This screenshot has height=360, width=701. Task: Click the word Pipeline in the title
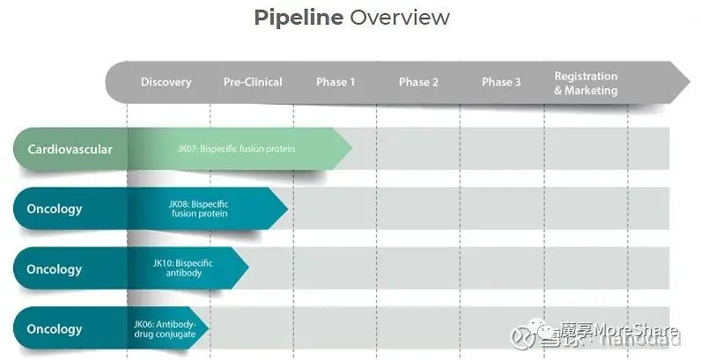[x=298, y=18]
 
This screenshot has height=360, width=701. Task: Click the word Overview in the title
[x=400, y=18]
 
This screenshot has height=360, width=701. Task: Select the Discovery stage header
[x=166, y=82]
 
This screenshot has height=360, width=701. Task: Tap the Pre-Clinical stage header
[x=253, y=82]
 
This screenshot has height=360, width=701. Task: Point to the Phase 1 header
[x=336, y=82]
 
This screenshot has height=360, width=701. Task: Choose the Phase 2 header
[x=418, y=82]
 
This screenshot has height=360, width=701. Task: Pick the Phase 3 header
[x=501, y=82]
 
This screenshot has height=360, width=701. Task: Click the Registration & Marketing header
[x=586, y=83]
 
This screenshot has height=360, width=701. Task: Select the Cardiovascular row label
[x=70, y=150]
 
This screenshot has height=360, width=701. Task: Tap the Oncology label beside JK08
[x=55, y=209]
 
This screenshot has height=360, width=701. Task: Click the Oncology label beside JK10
[x=55, y=269]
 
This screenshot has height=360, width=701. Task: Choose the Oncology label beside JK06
[x=55, y=329]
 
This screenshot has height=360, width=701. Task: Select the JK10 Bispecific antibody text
[x=183, y=268]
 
